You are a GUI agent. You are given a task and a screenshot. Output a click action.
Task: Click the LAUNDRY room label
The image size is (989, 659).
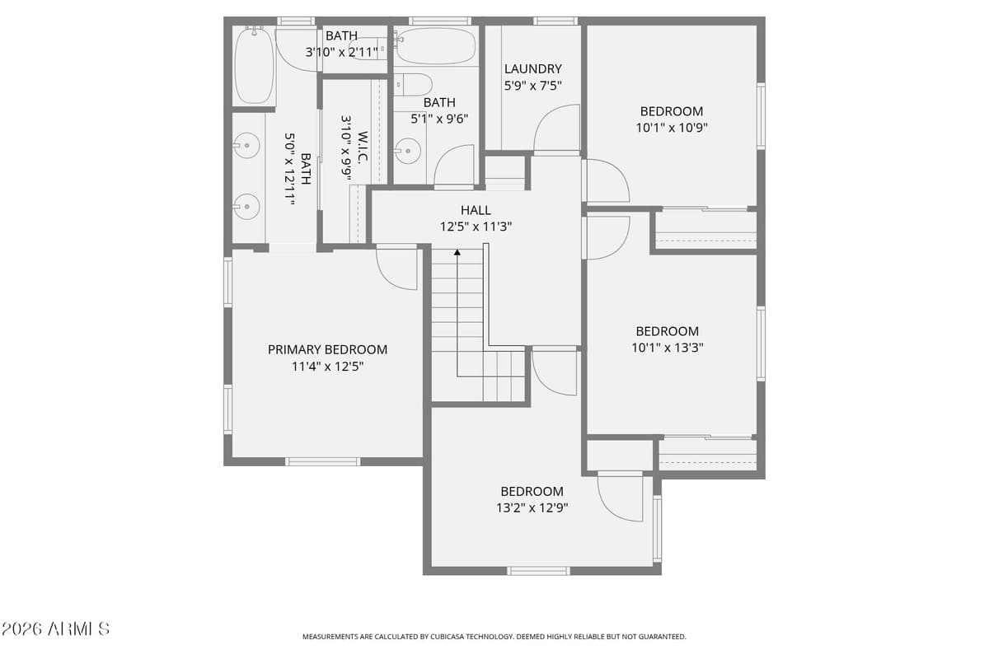pyautogui.click(x=532, y=69)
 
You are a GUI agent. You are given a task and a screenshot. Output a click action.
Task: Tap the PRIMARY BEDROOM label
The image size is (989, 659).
pyautogui.click(x=327, y=349)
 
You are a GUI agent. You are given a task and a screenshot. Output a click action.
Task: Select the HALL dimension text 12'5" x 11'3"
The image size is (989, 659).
pyautogui.click(x=476, y=226)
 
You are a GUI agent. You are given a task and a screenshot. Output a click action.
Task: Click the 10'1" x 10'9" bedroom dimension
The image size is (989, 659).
pyautogui.click(x=672, y=128)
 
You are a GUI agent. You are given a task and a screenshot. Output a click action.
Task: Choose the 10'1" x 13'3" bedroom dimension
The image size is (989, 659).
pyautogui.click(x=667, y=348)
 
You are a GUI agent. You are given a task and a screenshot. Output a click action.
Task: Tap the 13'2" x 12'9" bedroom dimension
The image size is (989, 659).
pyautogui.click(x=532, y=507)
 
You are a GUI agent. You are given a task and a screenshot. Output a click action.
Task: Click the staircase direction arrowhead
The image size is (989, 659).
pyautogui.click(x=457, y=251)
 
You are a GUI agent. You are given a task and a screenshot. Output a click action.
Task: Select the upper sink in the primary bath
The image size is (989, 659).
pyautogui.click(x=245, y=147)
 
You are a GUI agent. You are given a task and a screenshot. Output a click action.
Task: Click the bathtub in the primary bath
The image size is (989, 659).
pyautogui.click(x=253, y=66)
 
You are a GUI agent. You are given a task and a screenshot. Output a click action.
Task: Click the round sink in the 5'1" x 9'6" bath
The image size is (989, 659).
pyautogui.click(x=407, y=151)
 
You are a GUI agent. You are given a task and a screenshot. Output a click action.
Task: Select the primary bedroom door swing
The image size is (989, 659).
pyautogui.click(x=396, y=269)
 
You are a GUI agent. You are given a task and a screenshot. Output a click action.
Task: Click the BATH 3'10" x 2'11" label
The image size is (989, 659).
pyautogui.click(x=341, y=44)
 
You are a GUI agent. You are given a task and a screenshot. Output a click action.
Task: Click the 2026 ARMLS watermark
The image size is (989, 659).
pyautogui.click(x=55, y=629)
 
